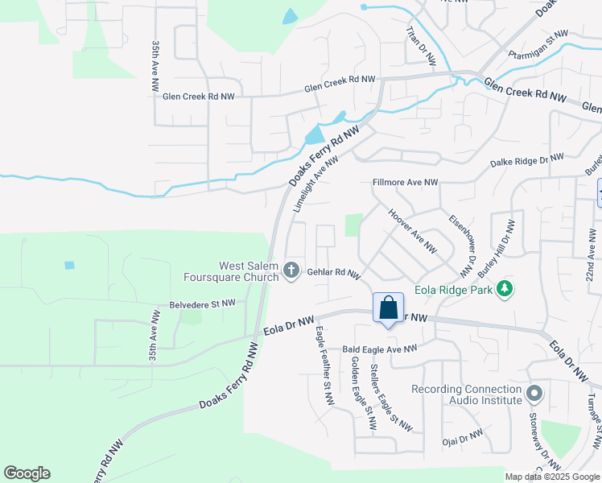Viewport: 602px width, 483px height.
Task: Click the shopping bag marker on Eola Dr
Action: tap(388, 309)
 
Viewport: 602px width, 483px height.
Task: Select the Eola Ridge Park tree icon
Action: tap(505, 288)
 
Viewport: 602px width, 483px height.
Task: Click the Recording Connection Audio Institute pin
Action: tap(534, 394)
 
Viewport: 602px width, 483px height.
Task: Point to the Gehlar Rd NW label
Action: tap(333, 274)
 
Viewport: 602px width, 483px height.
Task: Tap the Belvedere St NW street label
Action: tap(203, 303)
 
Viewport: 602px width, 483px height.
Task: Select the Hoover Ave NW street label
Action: tap(412, 233)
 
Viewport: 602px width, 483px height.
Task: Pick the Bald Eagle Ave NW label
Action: tap(380, 349)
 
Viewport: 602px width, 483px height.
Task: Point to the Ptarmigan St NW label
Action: tap(538, 46)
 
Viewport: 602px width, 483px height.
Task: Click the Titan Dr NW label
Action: tap(421, 46)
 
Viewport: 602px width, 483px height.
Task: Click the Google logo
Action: tap(27, 473)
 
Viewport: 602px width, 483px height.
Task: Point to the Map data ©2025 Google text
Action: tap(551, 477)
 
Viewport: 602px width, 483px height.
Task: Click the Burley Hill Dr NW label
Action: tap(495, 243)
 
